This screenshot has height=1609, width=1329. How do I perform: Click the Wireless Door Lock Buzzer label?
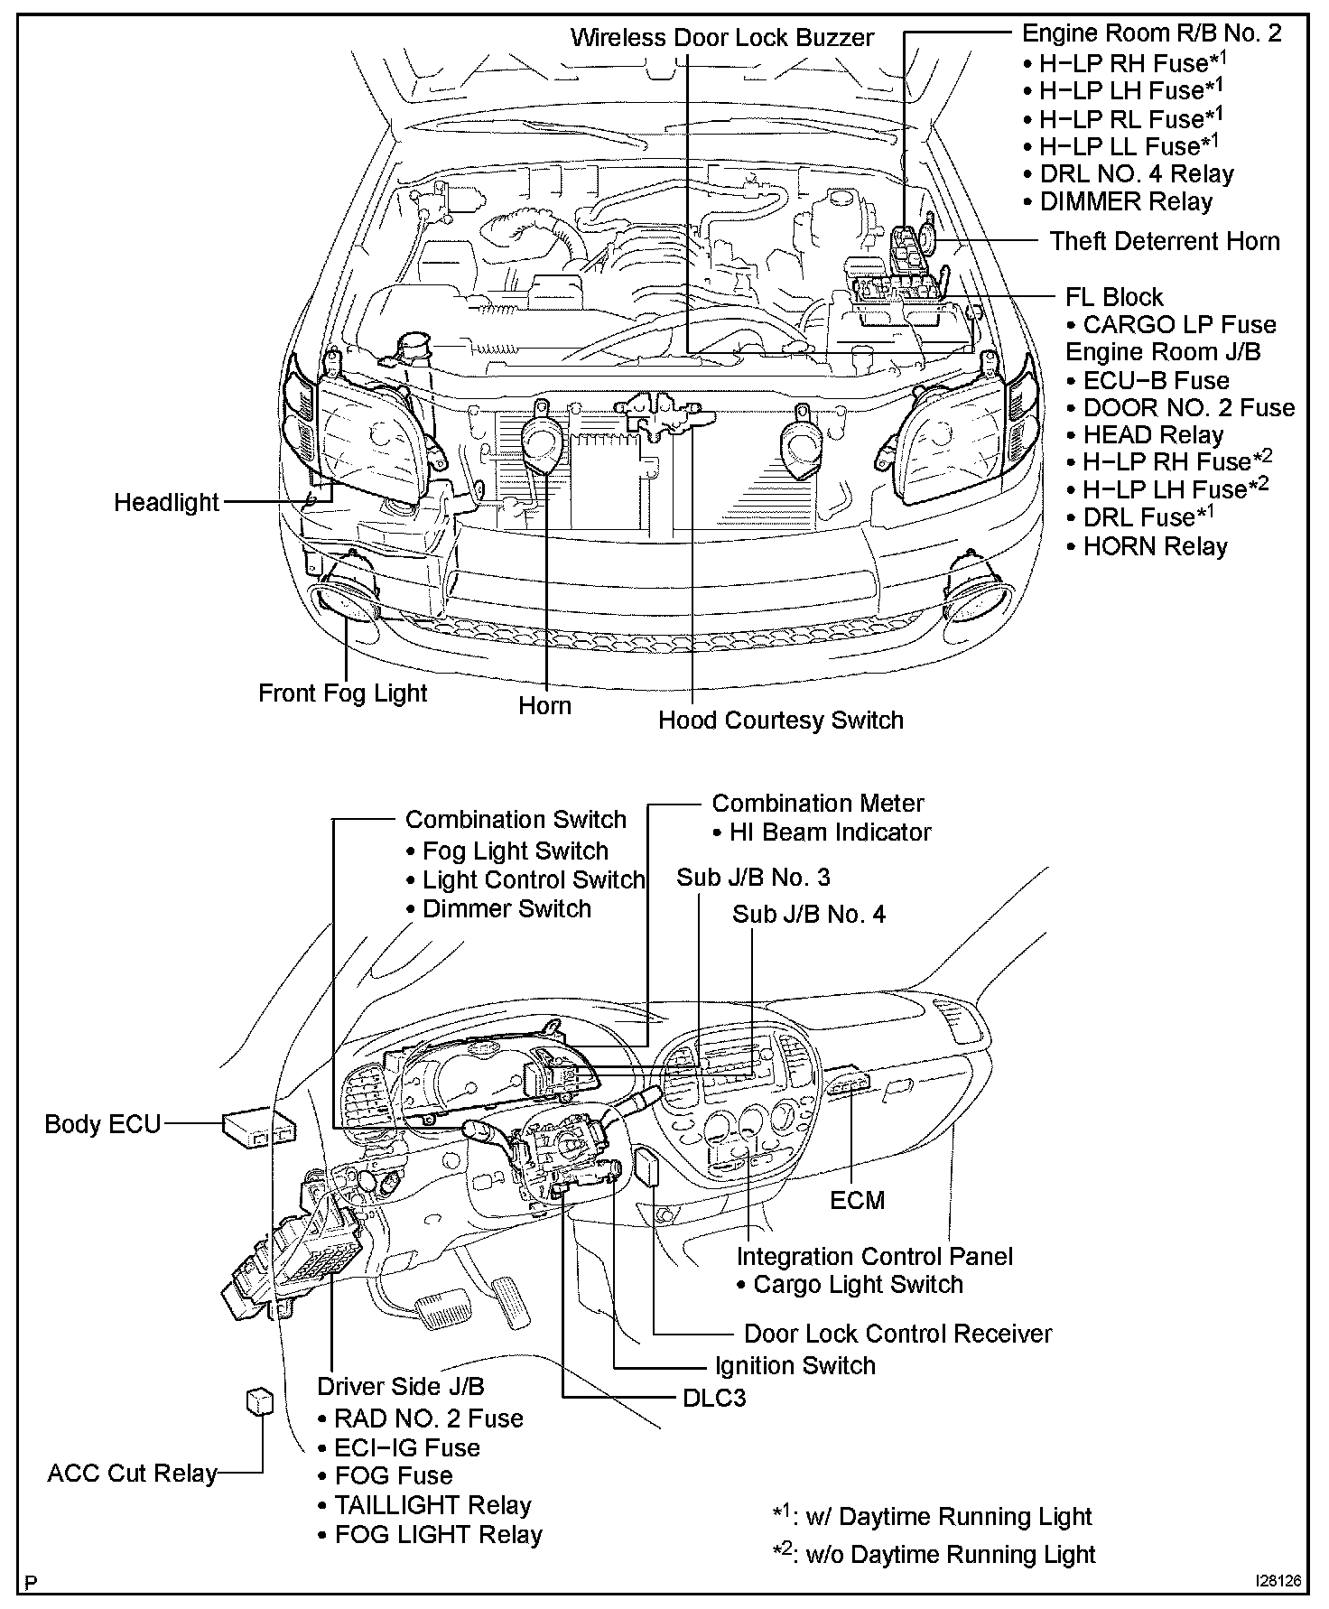[722, 38]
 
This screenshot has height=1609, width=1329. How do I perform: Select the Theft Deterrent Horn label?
[1165, 241]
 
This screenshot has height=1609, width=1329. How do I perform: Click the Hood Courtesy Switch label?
[780, 720]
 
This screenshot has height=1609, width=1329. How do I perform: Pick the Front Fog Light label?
[342, 693]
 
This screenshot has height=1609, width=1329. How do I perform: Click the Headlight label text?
[166, 502]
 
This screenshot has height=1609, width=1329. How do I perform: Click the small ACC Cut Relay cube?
[258, 1402]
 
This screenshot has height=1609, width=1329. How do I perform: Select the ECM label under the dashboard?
[857, 1200]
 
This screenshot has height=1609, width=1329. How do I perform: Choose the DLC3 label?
[714, 1398]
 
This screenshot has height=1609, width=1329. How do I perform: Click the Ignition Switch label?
[795, 1365]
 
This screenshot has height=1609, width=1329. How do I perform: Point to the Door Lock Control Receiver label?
[897, 1333]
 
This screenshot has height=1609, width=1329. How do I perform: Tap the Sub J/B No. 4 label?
[809, 914]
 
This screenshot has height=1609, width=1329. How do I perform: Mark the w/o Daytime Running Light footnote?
[934, 1554]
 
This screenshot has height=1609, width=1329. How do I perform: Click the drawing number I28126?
[1277, 1582]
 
